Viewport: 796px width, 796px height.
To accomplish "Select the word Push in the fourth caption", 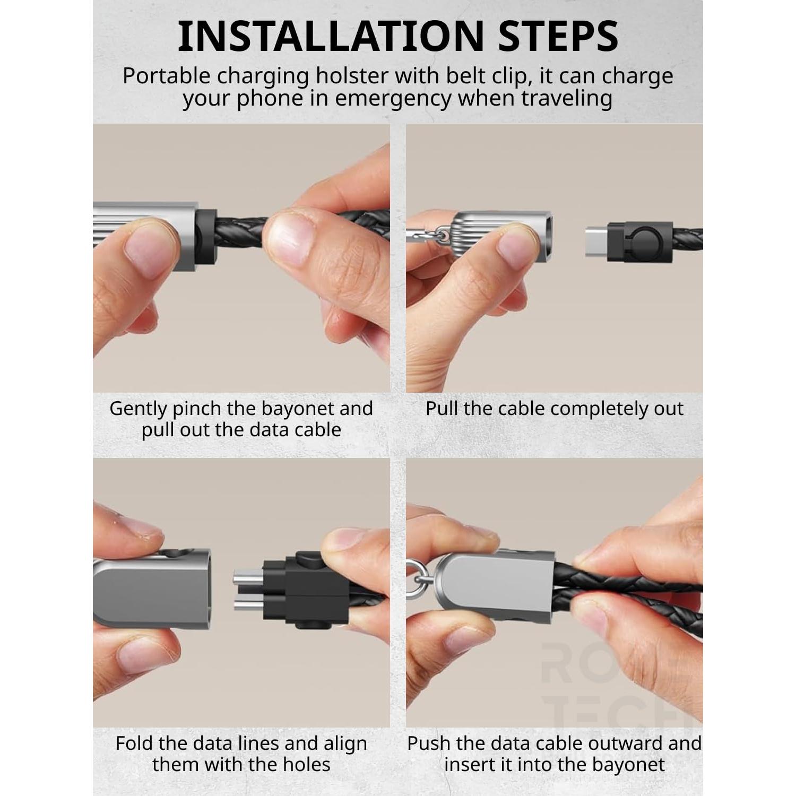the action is (x=428, y=743).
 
